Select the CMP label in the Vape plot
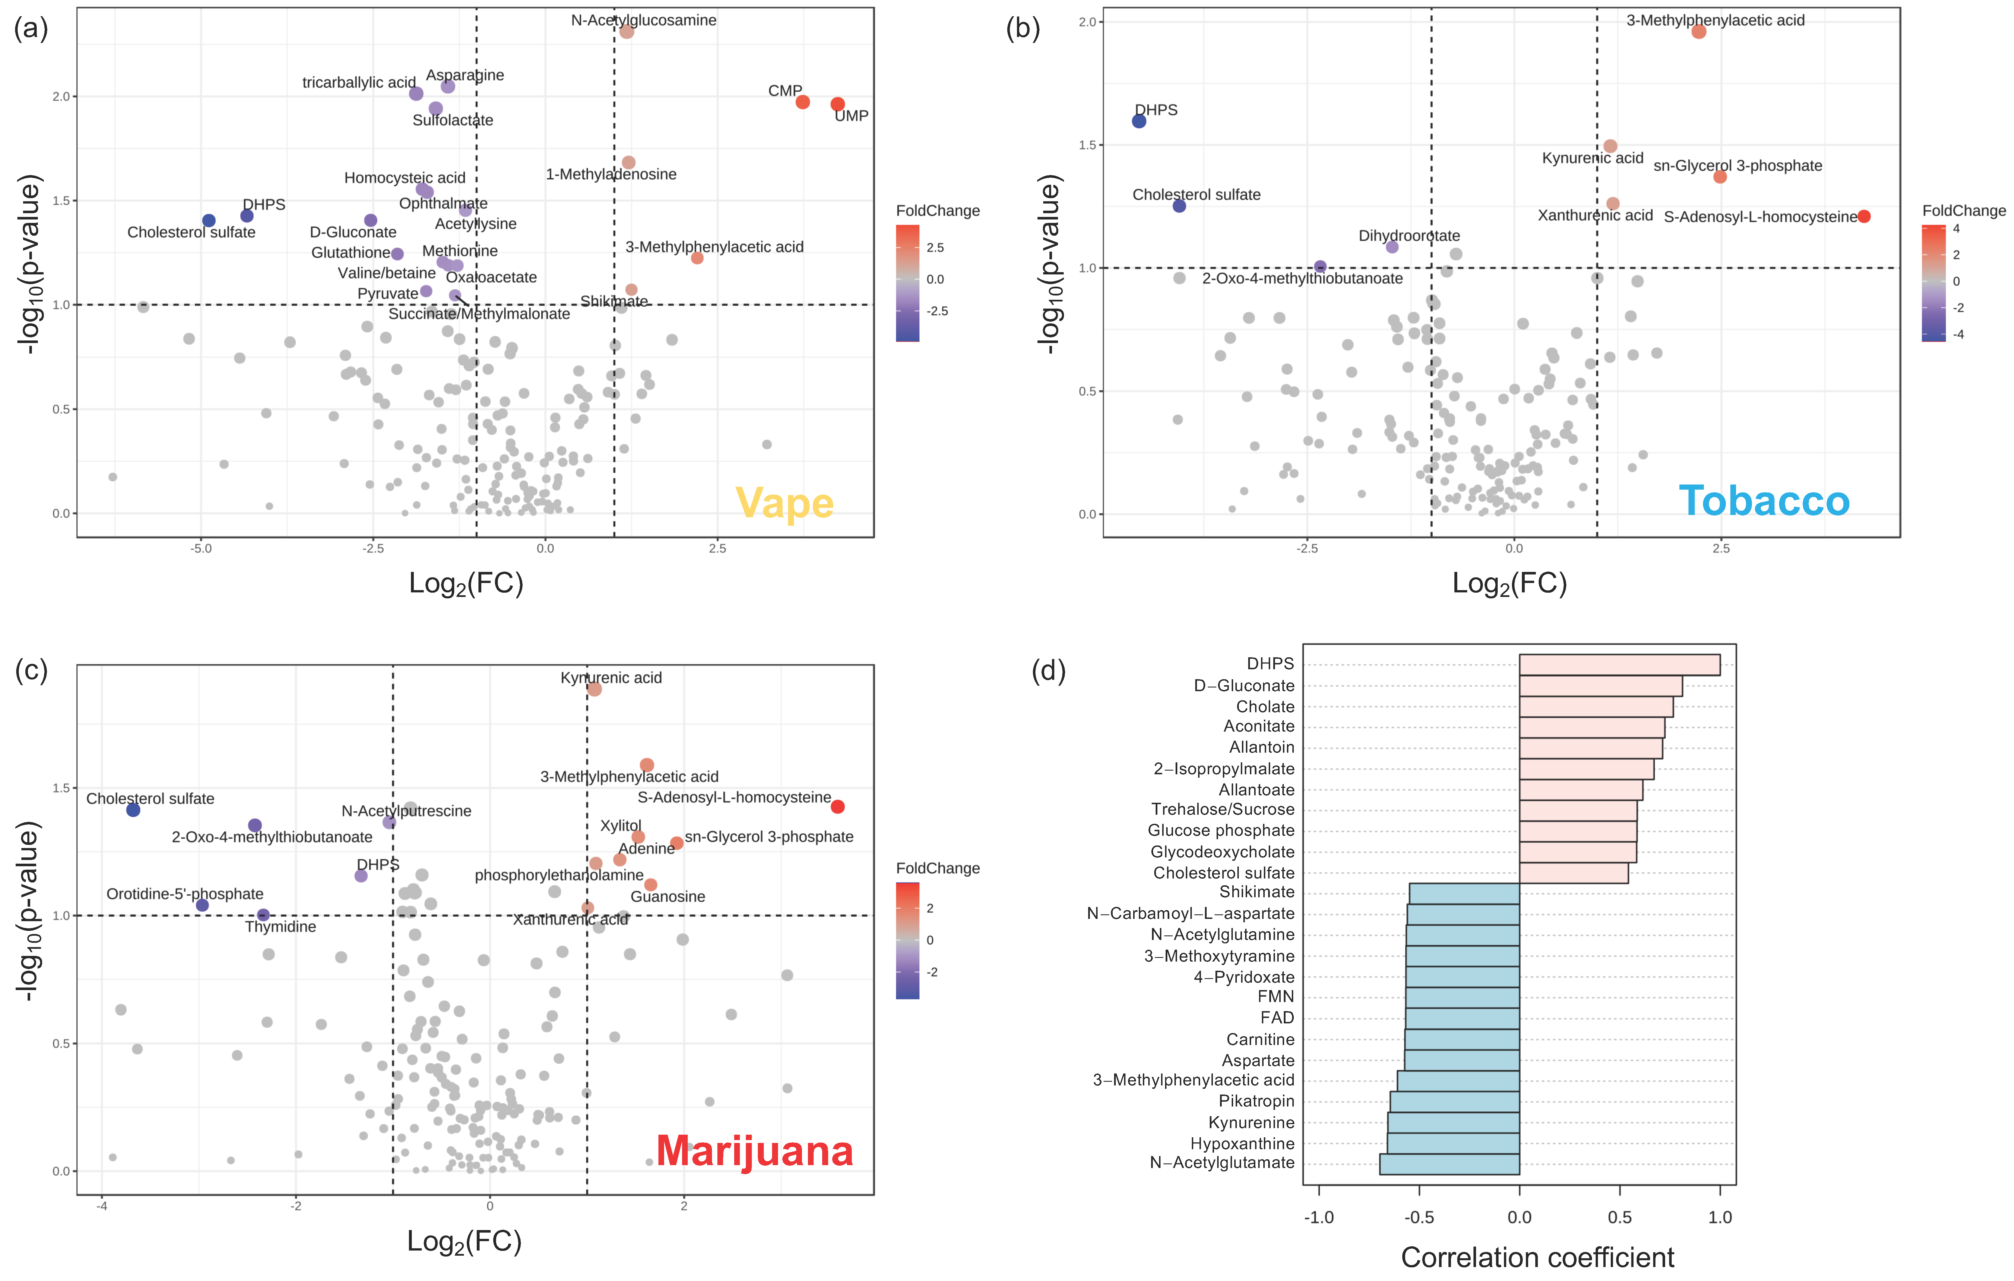(x=785, y=90)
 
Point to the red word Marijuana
(x=754, y=1151)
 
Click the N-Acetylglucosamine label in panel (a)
(x=643, y=20)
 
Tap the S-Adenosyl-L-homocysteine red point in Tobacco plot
(x=1863, y=217)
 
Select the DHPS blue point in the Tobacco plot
(x=1139, y=121)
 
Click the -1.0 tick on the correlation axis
(x=1319, y=1218)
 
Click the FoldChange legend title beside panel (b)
(x=1963, y=211)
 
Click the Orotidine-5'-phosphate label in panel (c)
(x=185, y=894)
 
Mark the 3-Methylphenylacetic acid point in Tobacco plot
(x=1699, y=32)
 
